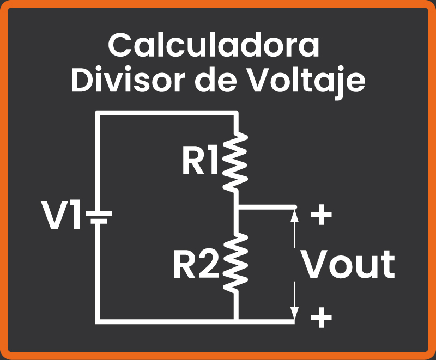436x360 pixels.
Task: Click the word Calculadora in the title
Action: click(x=214, y=46)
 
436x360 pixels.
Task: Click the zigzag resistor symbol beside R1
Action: click(x=236, y=162)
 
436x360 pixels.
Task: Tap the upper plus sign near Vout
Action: click(x=321, y=216)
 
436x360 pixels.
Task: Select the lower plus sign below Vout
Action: click(x=321, y=318)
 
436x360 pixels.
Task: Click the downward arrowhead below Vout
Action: click(x=295, y=314)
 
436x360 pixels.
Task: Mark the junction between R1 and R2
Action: click(x=237, y=208)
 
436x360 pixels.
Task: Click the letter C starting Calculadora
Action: click(x=121, y=46)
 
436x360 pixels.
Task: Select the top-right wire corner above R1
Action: click(x=237, y=113)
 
